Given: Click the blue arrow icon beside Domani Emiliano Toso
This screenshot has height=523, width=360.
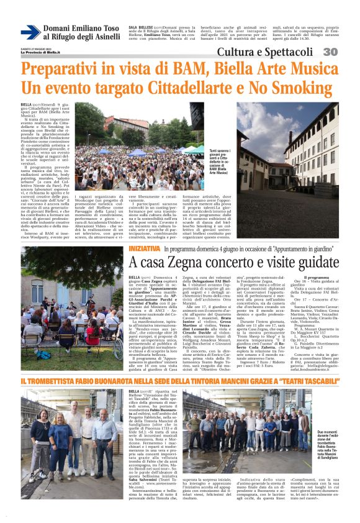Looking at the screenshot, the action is [x=30, y=32].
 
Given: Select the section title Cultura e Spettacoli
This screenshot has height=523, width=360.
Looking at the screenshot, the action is [x=291, y=52].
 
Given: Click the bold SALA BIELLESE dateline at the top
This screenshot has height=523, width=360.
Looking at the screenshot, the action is [x=142, y=28].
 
